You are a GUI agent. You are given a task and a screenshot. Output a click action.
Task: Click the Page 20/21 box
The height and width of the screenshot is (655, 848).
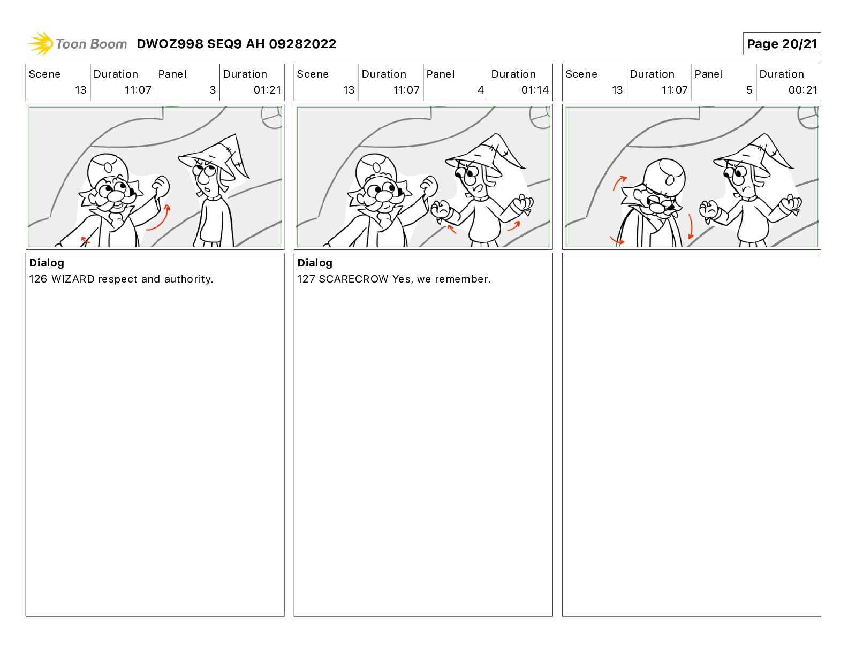pyautogui.click(x=781, y=44)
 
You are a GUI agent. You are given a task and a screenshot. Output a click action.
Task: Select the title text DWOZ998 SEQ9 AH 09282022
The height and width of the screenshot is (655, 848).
pyautogui.click(x=236, y=44)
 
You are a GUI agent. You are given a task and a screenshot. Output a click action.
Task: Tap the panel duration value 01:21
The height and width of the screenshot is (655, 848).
pyautogui.click(x=267, y=90)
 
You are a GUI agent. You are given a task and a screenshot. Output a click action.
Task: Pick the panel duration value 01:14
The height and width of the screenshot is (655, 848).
pyautogui.click(x=535, y=90)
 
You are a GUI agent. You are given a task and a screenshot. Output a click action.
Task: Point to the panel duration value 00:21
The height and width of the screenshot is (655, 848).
pyautogui.click(x=802, y=90)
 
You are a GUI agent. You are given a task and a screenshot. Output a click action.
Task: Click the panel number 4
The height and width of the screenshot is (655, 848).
pyautogui.click(x=481, y=90)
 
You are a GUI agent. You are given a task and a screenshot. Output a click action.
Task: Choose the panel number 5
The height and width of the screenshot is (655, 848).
pyautogui.click(x=749, y=90)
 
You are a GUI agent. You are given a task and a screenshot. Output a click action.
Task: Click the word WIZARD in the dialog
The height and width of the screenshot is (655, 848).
pyautogui.click(x=73, y=279)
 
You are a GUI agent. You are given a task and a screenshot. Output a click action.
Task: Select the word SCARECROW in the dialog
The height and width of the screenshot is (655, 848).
pyautogui.click(x=353, y=279)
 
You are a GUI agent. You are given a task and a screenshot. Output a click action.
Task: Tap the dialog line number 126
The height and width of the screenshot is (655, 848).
pyautogui.click(x=38, y=279)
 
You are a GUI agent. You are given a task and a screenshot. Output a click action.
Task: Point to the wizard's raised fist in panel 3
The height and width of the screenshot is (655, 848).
pyautogui.click(x=161, y=186)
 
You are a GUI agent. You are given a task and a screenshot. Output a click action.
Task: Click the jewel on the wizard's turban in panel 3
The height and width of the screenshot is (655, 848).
pyautogui.click(x=108, y=167)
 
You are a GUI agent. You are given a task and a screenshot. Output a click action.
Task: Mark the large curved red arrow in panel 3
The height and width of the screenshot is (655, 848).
pyautogui.click(x=159, y=218)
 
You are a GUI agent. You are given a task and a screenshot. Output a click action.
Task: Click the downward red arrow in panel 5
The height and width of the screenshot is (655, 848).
pyautogui.click(x=691, y=226)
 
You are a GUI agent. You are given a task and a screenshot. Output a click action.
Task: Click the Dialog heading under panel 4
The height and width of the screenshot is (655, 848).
pyautogui.click(x=315, y=263)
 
